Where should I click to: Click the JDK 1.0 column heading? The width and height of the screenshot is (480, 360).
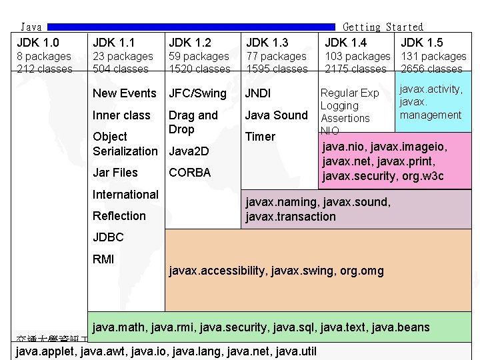tap(38, 43)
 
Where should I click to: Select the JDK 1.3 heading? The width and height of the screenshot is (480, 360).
tap(267, 43)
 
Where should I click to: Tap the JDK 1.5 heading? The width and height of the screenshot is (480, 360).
tap(421, 43)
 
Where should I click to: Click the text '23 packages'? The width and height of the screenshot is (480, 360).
tap(123, 57)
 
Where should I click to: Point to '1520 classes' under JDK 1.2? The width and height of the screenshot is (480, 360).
tap(200, 69)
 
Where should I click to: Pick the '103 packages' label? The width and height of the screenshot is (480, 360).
tap(357, 57)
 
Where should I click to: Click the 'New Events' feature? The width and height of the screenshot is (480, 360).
tap(125, 93)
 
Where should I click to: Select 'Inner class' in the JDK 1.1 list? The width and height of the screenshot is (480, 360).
tap(121, 115)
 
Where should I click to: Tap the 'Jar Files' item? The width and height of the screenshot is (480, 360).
tap(115, 173)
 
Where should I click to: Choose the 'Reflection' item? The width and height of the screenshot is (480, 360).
tap(119, 216)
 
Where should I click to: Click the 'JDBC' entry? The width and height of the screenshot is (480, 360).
tap(108, 237)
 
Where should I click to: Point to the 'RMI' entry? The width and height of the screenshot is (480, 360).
tap(103, 259)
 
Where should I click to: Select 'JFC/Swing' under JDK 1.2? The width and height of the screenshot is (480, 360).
tap(198, 93)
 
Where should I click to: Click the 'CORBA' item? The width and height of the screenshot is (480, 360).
tap(190, 173)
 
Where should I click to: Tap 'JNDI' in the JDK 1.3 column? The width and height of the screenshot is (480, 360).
tap(258, 93)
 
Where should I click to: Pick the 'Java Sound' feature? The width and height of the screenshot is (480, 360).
tap(276, 115)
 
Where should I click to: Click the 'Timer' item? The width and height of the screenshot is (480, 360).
tap(260, 137)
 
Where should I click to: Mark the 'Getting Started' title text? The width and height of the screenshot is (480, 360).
tap(383, 27)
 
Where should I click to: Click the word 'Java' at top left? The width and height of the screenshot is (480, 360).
tap(31, 27)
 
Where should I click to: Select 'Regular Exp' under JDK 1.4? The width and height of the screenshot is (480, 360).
tap(350, 93)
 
